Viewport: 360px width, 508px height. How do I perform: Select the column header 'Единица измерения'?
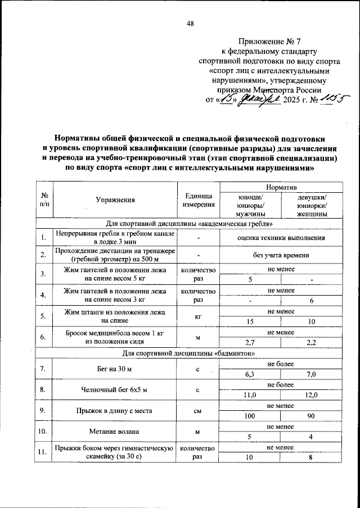point(198,199)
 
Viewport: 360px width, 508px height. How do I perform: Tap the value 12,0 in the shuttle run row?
point(313,396)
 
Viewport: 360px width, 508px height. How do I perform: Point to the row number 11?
point(43,452)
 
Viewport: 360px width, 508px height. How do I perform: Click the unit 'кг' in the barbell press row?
point(198,316)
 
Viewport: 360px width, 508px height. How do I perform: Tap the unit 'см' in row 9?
point(198,411)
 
